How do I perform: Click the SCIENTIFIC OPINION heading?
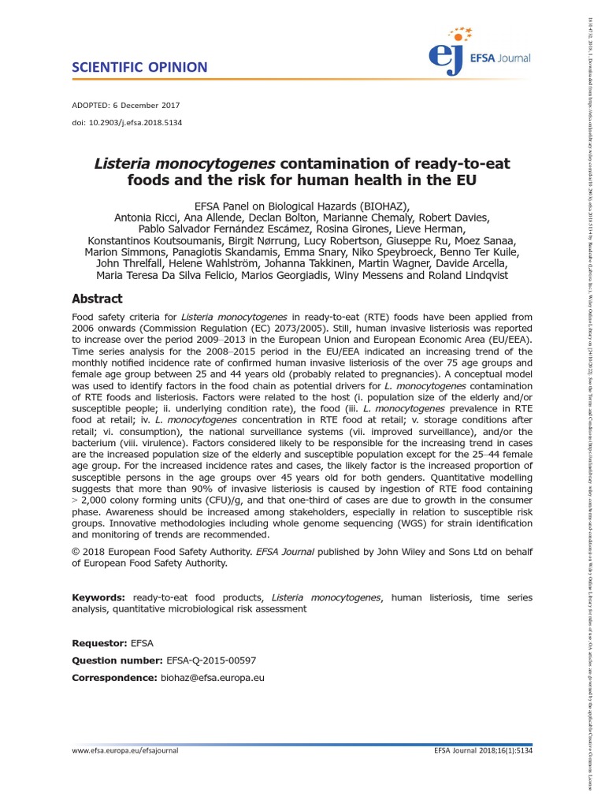pyautogui.click(x=139, y=68)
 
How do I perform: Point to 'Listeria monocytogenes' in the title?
pyautogui.click(x=184, y=164)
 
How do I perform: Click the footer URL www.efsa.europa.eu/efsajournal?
pyautogui.click(x=125, y=751)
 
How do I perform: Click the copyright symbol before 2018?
pyautogui.click(x=76, y=551)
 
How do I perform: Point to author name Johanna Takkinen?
pyautogui.click(x=341, y=261)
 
